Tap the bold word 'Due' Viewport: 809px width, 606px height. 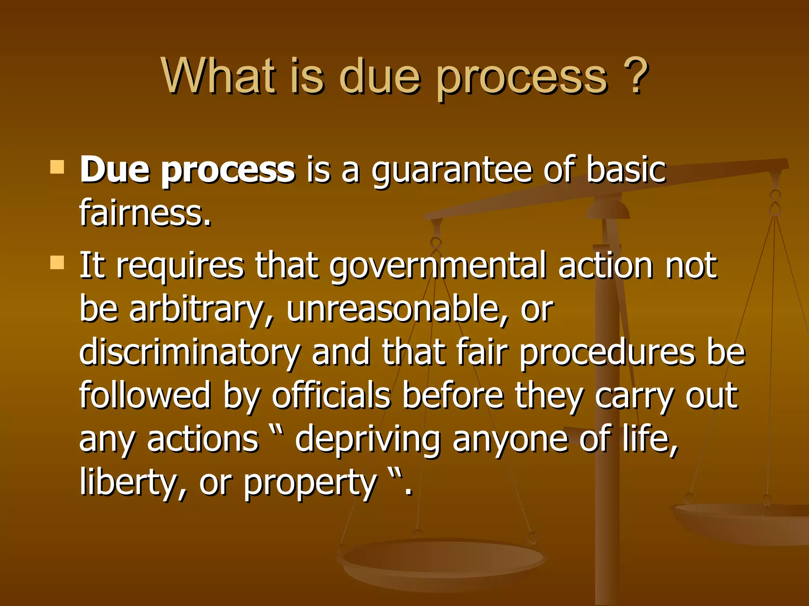115,170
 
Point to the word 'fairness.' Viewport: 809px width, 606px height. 145,213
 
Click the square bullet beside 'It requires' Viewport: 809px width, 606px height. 58,262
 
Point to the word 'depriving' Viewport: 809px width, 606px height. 367,440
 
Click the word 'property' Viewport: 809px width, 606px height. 310,484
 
